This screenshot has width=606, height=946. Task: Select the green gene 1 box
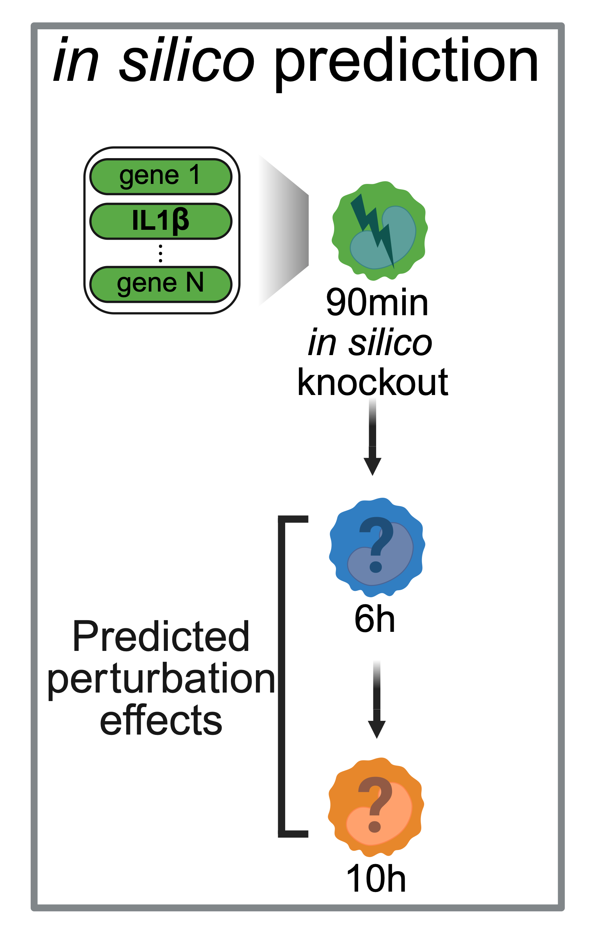(160, 177)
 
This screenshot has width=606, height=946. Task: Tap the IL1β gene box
(160, 221)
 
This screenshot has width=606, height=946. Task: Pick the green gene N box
(160, 284)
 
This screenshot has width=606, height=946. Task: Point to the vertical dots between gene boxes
(160, 253)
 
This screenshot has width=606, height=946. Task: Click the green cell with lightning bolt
(379, 230)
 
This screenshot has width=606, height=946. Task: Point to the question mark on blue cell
(376, 544)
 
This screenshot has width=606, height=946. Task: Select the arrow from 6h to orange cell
(377, 699)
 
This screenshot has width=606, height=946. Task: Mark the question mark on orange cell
(375, 804)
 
